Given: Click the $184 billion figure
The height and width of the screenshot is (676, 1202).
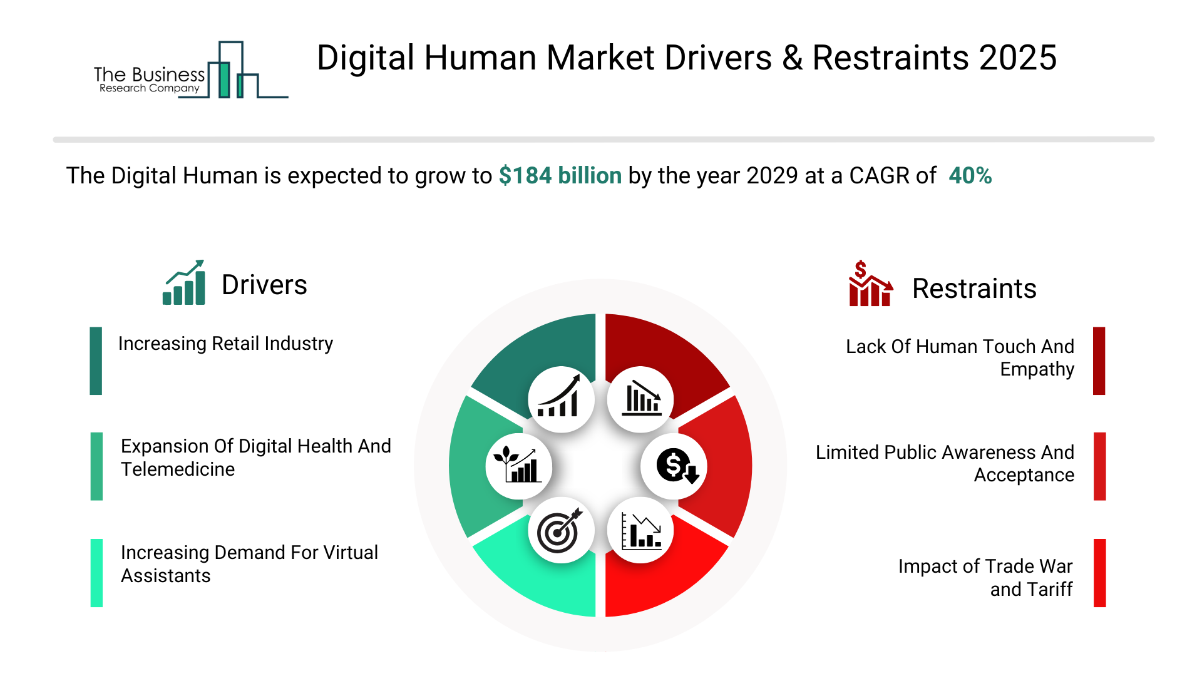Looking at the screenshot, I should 560,176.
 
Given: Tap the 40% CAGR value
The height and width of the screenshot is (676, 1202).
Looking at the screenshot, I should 970,176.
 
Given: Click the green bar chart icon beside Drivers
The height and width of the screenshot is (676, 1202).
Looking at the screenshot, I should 184,283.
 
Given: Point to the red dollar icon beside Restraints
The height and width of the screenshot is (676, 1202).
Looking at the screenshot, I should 870,284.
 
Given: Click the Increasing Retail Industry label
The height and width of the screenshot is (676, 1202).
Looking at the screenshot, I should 225,344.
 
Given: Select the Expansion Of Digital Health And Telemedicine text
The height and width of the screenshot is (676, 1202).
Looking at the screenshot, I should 255,458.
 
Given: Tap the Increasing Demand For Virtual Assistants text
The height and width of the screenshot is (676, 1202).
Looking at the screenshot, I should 249,564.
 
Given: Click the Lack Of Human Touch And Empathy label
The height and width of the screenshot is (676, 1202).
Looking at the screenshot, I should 960,358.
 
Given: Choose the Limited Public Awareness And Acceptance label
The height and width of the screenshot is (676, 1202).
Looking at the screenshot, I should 945,464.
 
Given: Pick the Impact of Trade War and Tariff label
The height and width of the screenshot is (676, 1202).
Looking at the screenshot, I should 985,578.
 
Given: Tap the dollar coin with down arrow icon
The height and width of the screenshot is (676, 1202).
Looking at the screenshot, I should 675,466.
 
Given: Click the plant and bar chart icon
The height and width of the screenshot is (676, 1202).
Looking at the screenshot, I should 518,466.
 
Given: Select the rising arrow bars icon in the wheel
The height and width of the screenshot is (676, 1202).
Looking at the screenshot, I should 560,399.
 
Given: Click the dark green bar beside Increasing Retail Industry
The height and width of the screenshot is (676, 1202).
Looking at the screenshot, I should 96,361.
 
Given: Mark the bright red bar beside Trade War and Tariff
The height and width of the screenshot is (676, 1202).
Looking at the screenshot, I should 1099,573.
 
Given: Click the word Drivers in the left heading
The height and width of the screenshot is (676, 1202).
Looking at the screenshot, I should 264,285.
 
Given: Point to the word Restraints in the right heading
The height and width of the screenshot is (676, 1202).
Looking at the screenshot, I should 974,289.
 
